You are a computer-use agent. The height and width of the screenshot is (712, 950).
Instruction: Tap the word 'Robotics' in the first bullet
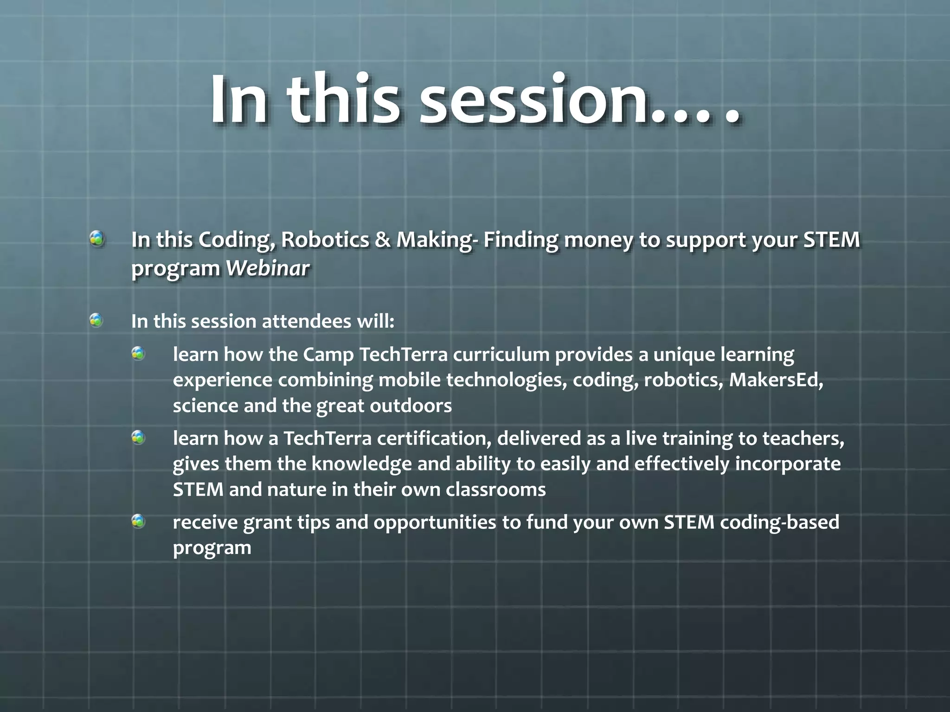325,240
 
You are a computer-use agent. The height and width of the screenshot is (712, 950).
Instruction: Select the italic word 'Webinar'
267,268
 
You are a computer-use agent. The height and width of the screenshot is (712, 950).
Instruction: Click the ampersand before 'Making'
383,240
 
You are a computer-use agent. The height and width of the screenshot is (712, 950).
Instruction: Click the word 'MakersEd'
776,380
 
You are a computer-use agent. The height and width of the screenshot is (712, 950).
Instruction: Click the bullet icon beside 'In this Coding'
97,239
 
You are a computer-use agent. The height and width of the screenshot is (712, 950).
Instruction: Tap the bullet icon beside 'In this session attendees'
96,320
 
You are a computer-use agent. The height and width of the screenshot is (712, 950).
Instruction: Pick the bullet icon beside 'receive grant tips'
138,521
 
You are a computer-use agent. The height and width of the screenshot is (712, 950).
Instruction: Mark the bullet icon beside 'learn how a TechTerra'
138,437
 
